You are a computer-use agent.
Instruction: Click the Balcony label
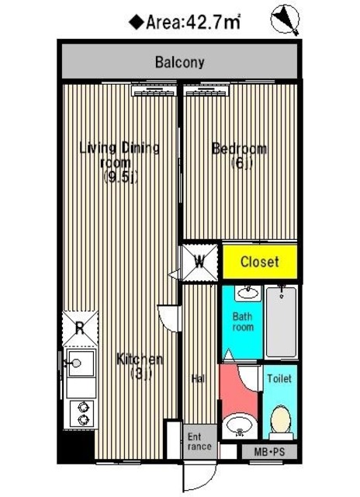(179, 62)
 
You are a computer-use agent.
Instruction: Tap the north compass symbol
(285, 19)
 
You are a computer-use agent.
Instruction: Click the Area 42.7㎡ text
(185, 23)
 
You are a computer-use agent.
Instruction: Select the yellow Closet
(260, 262)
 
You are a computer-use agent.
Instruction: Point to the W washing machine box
(200, 262)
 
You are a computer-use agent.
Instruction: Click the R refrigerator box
(80, 328)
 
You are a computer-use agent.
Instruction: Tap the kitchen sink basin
(81, 363)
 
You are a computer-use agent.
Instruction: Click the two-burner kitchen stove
(82, 414)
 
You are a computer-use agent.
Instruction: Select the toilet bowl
(281, 420)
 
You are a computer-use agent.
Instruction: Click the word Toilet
(279, 378)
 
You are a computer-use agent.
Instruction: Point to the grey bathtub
(281, 322)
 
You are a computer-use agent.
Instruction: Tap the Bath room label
(243, 321)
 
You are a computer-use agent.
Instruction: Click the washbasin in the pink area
(240, 425)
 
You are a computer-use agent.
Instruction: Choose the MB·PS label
(269, 452)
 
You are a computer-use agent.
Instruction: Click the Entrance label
(199, 442)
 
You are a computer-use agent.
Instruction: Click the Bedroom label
(240, 155)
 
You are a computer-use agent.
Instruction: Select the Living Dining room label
(119, 162)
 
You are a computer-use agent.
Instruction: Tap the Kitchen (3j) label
(140, 366)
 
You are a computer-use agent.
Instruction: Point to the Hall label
(199, 378)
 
